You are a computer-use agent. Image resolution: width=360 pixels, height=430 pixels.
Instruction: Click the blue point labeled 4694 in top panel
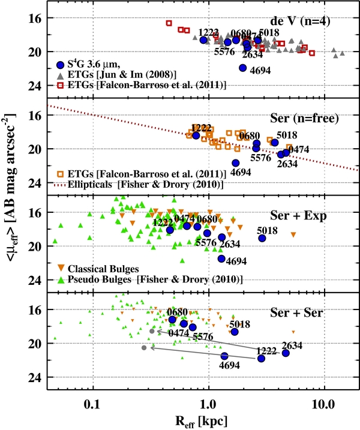pyautogui.click(x=243, y=68)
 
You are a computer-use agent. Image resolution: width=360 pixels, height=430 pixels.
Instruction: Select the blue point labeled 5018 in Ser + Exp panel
pyautogui.click(x=262, y=238)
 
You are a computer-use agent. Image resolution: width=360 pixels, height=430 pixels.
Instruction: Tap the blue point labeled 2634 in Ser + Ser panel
pyautogui.click(x=286, y=353)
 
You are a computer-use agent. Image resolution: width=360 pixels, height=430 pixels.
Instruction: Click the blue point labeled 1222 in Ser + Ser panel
pyautogui.click(x=261, y=358)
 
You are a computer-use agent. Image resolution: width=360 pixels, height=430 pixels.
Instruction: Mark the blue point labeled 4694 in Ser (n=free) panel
pyautogui.click(x=236, y=163)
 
